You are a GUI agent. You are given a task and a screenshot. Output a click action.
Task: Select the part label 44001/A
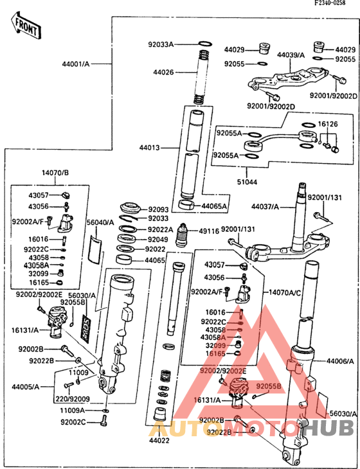point(76,64)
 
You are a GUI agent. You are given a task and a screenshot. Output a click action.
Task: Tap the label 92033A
point(161,44)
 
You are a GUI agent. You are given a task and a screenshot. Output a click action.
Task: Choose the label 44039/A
point(291,55)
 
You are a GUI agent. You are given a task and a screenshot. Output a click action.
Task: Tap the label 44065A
point(215,206)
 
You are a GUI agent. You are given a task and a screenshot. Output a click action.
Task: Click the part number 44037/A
point(265,206)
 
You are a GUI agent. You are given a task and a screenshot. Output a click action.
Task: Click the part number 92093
point(158,209)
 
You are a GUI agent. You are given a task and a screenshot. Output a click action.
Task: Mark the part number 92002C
point(73,422)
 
